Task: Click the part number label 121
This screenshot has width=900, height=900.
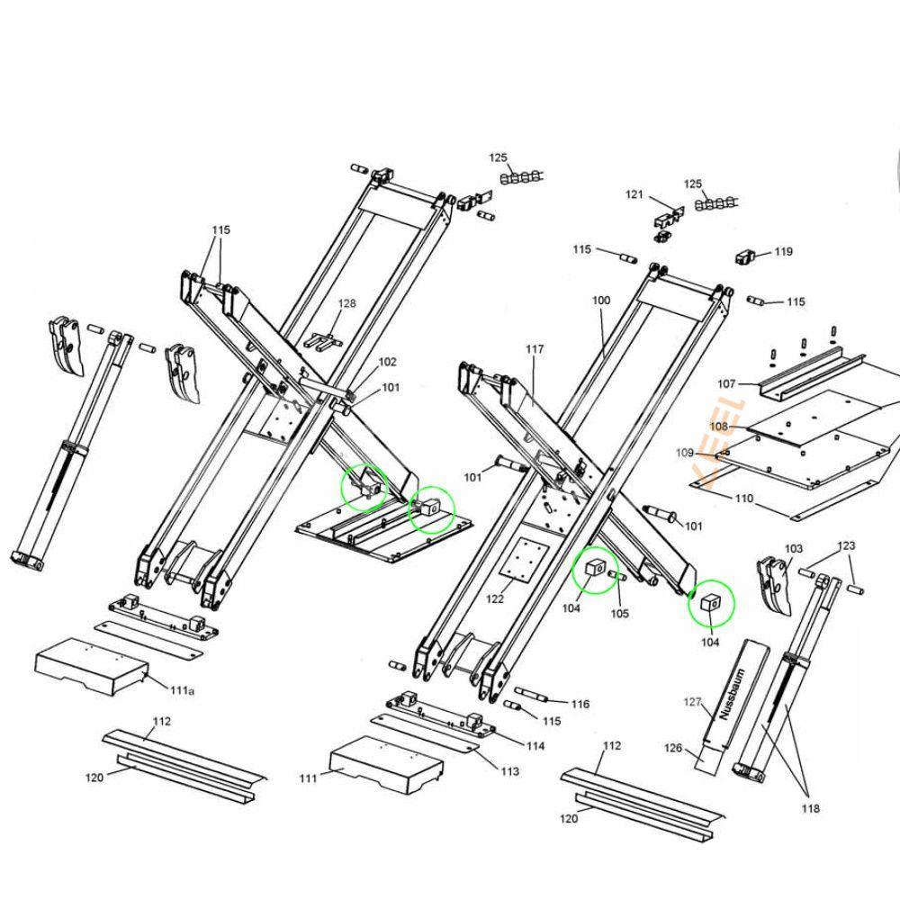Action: pos(635,195)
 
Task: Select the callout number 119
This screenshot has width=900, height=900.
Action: pos(783,252)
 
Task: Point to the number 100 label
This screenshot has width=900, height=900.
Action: pos(600,300)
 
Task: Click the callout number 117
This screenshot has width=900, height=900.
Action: pos(535,348)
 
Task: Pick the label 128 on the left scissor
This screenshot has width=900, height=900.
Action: pos(346,304)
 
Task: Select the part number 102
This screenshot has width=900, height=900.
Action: pos(387,362)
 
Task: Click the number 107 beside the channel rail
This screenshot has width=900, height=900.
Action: pos(726,384)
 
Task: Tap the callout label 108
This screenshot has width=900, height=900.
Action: pos(719,427)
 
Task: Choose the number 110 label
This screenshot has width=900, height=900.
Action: pos(744,498)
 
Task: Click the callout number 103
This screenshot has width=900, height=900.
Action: pos(793,548)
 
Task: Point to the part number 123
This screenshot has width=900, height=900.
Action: pos(847,545)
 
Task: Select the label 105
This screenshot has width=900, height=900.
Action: pos(620,614)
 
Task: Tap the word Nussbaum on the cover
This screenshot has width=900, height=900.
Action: pos(728,692)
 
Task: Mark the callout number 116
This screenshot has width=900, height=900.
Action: pos(580,704)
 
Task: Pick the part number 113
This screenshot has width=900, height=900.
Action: pos(509,771)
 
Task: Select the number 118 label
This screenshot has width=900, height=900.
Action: pos(810,809)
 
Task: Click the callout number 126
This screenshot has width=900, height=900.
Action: pos(673,748)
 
